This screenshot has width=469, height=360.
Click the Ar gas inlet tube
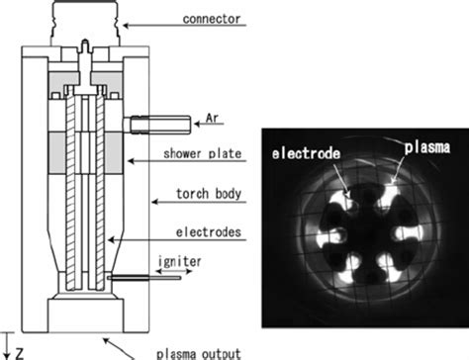(159, 125)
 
